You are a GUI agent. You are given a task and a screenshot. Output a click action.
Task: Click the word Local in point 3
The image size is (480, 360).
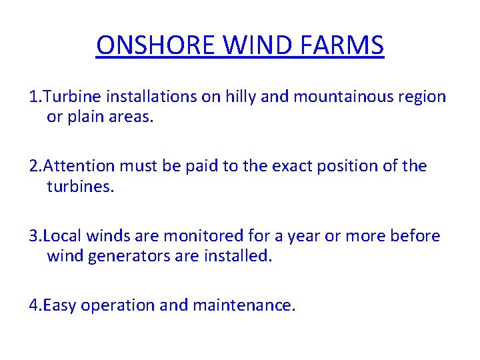pos(63,236)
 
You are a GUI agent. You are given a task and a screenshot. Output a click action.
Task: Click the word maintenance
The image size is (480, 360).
pos(243,305)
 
